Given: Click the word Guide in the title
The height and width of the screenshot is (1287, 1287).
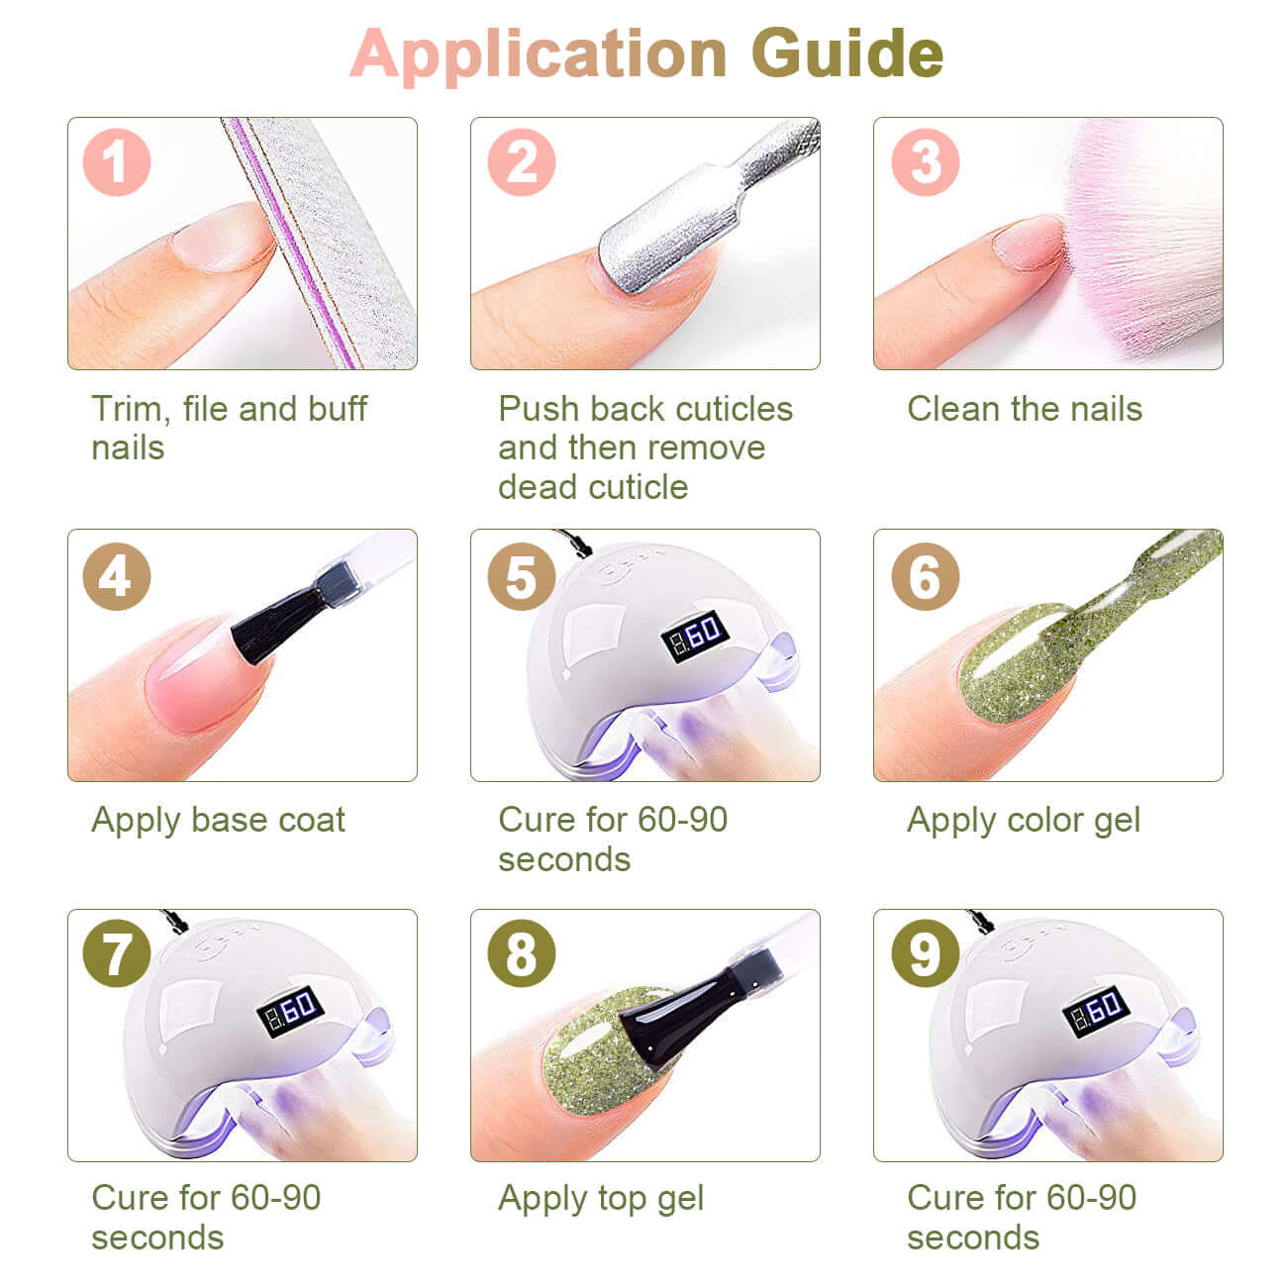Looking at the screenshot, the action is click(x=846, y=53).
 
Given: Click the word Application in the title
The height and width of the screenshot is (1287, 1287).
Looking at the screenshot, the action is click(x=539, y=56).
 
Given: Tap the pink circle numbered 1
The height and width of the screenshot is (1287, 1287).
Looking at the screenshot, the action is click(x=117, y=162).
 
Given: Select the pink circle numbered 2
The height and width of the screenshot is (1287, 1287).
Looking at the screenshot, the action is click(x=521, y=162).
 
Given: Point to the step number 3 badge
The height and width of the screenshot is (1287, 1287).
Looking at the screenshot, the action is click(x=925, y=162).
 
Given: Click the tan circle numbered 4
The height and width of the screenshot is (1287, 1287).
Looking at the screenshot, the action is click(x=117, y=576).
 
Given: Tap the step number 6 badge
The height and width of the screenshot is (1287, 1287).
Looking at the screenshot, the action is click(x=925, y=576).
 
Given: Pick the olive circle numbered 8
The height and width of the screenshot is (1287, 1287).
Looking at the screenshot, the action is click(x=521, y=953).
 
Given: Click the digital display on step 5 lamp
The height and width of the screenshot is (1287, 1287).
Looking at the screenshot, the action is click(x=695, y=636).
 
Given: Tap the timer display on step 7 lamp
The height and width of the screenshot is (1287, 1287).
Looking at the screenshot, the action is click(x=290, y=1011).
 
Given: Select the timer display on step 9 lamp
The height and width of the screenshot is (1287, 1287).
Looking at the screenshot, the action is click(x=1096, y=1011).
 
